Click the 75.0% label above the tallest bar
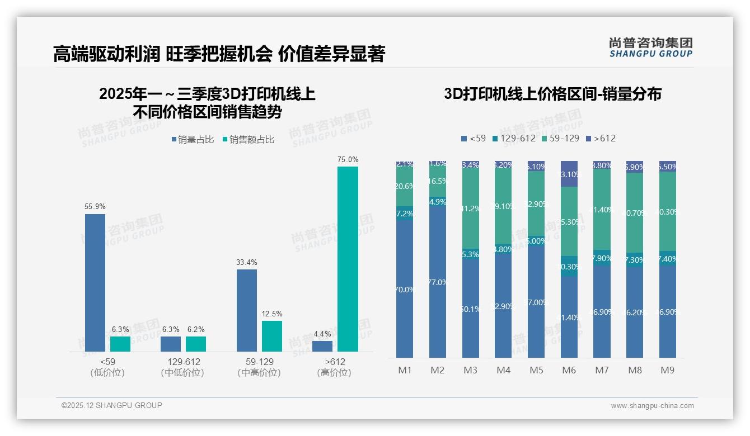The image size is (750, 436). click(348, 160)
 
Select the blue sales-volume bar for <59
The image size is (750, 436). click(95, 282)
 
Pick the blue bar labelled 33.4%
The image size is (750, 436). click(247, 310)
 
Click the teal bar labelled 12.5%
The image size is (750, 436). click(272, 336)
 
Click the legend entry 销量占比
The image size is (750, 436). click(193, 140)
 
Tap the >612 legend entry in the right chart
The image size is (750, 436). click(601, 138)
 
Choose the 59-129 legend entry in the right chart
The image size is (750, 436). click(559, 138)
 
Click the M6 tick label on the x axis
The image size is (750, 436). click(569, 371)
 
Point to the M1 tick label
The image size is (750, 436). click(404, 371)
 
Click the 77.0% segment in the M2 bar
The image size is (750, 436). click(438, 282)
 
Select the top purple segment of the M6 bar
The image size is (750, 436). click(569, 174)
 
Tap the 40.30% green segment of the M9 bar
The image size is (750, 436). click(667, 211)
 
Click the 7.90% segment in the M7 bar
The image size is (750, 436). click(602, 258)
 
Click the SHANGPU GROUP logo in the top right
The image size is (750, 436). click(650, 47)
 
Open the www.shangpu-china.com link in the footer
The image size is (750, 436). click(652, 406)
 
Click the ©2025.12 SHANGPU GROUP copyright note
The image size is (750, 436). click(112, 406)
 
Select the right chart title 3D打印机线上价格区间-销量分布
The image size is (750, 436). click(552, 94)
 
